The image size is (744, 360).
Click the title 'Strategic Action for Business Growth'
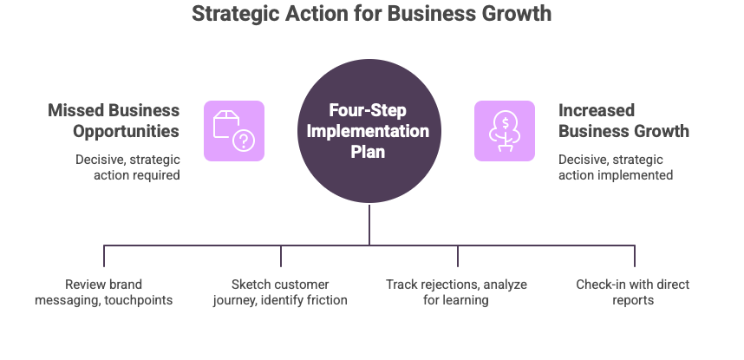[371, 14]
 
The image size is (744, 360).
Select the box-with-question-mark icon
[234, 131]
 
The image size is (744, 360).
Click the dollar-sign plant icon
[504, 131]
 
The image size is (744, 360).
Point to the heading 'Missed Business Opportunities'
[114, 121]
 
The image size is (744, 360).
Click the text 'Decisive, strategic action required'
[127, 167]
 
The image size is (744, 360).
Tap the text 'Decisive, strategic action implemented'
[616, 167]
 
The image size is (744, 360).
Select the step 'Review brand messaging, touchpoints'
[104, 292]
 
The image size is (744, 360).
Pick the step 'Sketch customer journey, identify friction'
[280, 292]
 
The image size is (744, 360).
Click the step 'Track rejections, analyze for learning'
[457, 292]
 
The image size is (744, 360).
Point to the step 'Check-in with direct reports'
[633, 292]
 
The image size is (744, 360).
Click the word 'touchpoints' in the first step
[141, 300]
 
